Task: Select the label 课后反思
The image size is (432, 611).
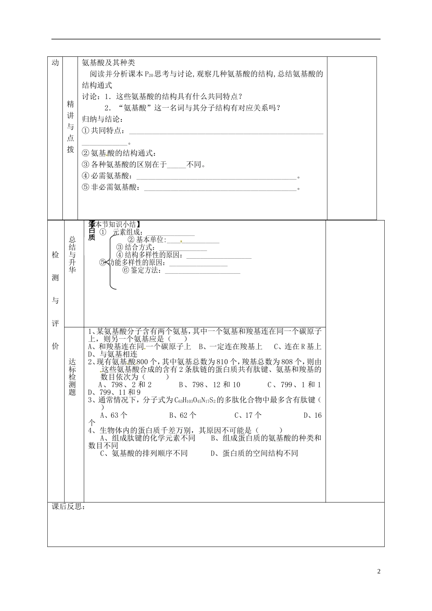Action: tap(68, 507)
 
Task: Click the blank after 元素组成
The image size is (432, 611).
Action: tap(170, 234)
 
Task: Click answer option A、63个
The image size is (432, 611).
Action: tap(114, 415)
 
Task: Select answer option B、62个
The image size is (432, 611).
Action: tap(183, 415)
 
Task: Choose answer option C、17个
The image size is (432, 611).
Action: tap(248, 415)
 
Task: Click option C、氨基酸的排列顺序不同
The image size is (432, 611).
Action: tap(144, 453)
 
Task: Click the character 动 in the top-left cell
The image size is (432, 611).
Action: tap(55, 63)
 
